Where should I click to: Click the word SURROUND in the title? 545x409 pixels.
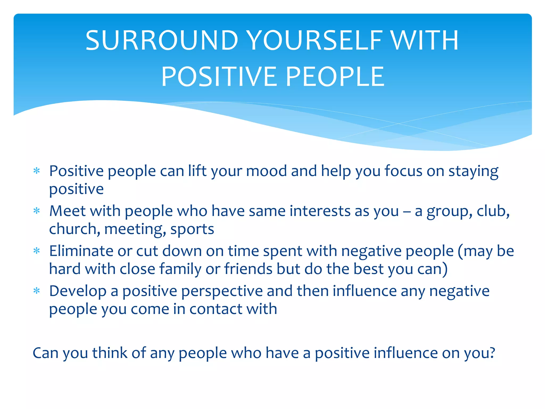[162, 40]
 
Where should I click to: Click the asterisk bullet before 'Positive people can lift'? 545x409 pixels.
[37, 171]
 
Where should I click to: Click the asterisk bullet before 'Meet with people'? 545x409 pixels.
[37, 211]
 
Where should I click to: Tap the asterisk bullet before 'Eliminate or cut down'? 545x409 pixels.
[37, 251]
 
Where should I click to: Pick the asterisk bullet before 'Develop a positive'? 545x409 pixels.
[37, 291]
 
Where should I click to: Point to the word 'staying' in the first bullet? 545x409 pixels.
[473, 172]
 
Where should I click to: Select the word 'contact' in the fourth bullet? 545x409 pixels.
[216, 309]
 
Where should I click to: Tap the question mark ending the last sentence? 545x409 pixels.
[492, 353]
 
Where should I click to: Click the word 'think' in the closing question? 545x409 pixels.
[110, 353]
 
